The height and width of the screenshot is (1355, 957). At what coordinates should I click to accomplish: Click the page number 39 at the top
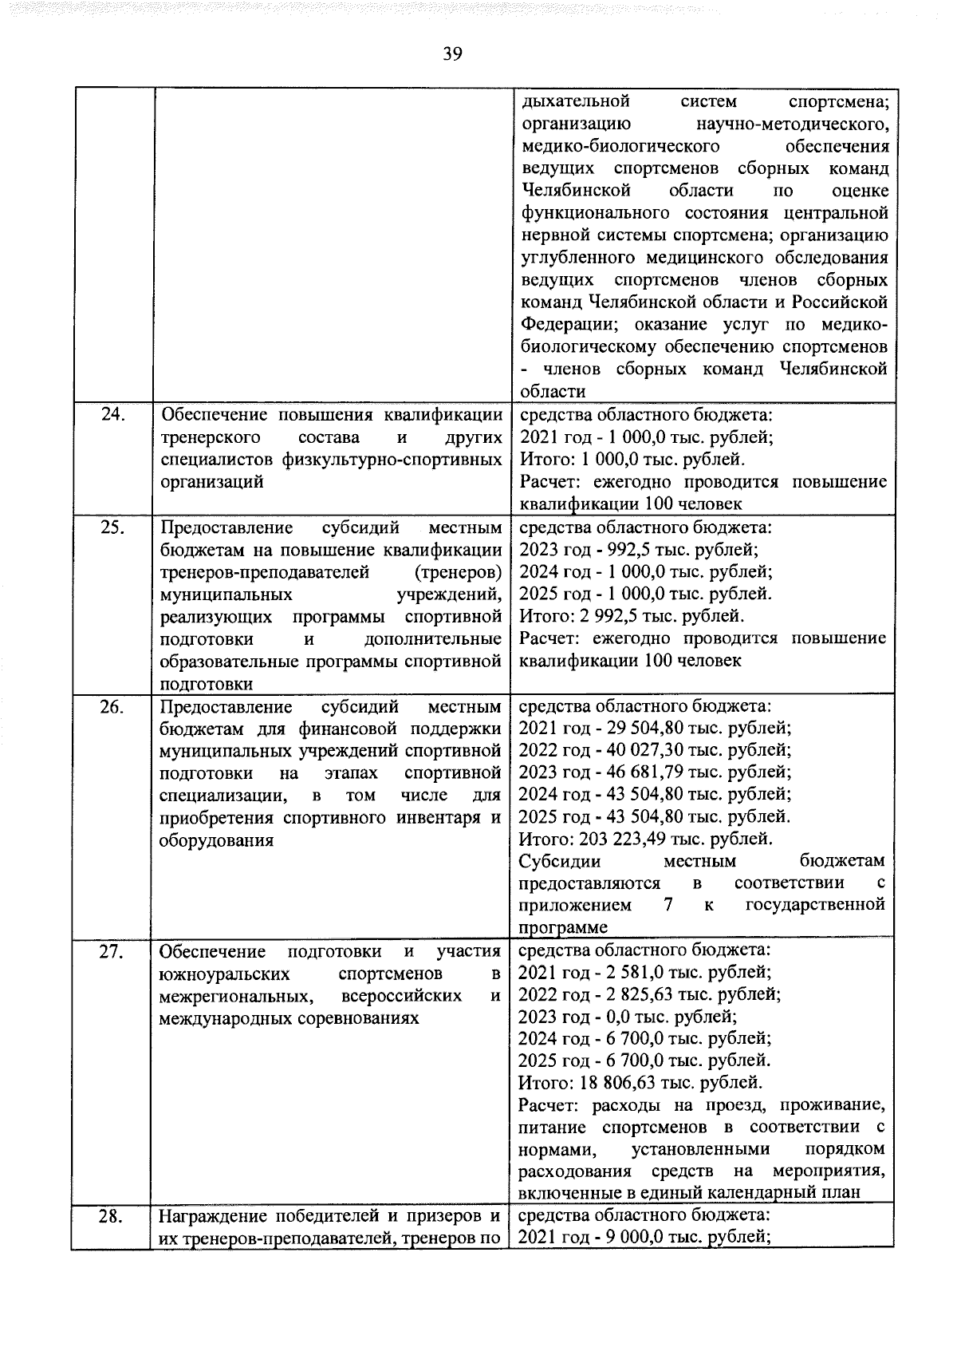pos(452,53)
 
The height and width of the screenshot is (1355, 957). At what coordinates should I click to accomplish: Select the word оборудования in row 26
pos(216,840)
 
